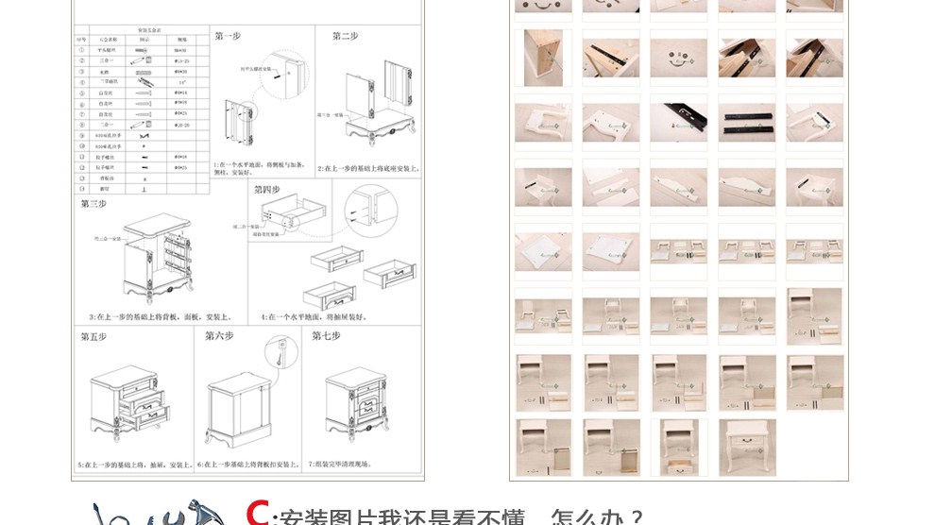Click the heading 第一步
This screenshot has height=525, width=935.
[228, 36]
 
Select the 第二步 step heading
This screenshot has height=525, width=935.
[345, 36]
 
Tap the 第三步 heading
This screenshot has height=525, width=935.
[93, 204]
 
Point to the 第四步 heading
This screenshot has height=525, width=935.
[267, 190]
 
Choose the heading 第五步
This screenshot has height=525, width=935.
[93, 337]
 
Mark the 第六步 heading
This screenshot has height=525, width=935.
[219, 336]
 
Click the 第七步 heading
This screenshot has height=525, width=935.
[326, 336]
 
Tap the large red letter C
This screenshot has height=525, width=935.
[257, 513]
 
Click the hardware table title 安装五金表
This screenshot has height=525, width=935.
[142, 31]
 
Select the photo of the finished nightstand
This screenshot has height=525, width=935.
[746, 447]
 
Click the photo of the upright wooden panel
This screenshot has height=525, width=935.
[543, 58]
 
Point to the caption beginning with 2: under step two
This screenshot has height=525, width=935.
[368, 168]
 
